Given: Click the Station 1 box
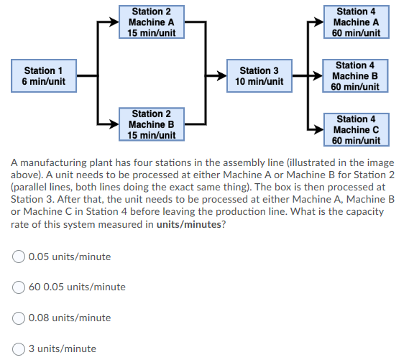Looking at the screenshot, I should point(44,76).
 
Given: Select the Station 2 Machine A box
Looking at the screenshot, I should point(152,22).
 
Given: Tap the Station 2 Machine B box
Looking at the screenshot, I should point(152,124).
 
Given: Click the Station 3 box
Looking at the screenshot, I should point(259,76).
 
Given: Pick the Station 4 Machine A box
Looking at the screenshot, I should point(356,22).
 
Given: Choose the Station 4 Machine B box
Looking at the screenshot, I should point(356,76).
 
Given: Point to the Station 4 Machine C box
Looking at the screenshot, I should point(356,129).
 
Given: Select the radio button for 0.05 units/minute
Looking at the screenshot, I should point(19,257).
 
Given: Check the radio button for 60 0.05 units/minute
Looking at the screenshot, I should point(19,287).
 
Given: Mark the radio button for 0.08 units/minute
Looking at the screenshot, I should point(19,318).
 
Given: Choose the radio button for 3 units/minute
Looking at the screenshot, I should point(19,349).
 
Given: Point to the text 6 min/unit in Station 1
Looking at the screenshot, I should point(44,82).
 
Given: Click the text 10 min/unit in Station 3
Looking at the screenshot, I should point(259,82).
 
